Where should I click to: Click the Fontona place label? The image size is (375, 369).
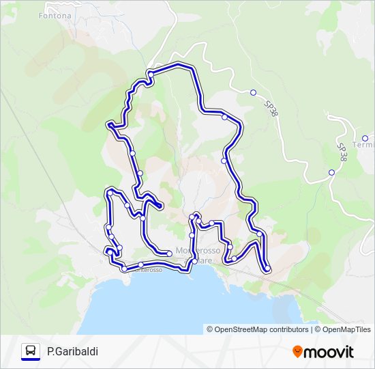click(55, 15)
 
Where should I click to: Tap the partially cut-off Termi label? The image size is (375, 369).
click(363, 146)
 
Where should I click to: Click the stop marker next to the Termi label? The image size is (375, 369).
click(365, 138)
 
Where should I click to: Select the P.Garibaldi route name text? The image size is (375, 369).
click(72, 351)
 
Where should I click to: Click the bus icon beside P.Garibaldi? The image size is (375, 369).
click(31, 351)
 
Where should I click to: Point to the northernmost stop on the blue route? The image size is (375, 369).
click(150, 74)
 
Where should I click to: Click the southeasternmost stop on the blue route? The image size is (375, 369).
click(267, 269)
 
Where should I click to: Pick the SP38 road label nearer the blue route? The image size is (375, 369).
click(271, 109)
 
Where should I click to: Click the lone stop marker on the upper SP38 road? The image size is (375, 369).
click(253, 93)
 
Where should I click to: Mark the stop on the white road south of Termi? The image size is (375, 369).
click(332, 172)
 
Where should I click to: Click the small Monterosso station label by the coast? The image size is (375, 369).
click(146, 270)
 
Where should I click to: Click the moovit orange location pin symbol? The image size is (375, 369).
click(297, 351)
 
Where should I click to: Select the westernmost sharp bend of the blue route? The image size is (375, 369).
click(108, 124)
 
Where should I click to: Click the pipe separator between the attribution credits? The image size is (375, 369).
click(312, 329)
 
